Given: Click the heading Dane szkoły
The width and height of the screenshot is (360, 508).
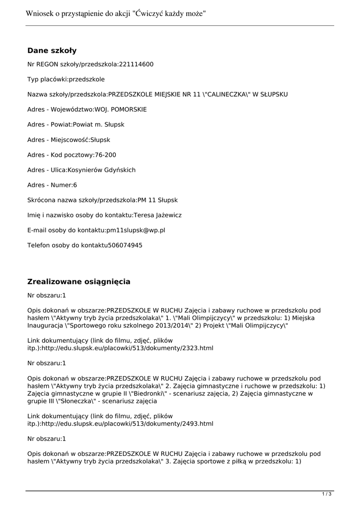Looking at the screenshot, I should [x=52, y=51].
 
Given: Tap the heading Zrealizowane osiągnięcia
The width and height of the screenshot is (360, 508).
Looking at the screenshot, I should [x=78, y=282].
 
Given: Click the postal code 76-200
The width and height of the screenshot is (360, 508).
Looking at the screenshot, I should [x=106, y=155].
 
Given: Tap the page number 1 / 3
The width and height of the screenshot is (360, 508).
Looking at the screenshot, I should [x=327, y=494].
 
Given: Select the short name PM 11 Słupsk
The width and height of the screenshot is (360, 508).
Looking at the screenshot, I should [x=157, y=200].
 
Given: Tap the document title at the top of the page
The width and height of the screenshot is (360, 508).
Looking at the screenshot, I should [x=115, y=14].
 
